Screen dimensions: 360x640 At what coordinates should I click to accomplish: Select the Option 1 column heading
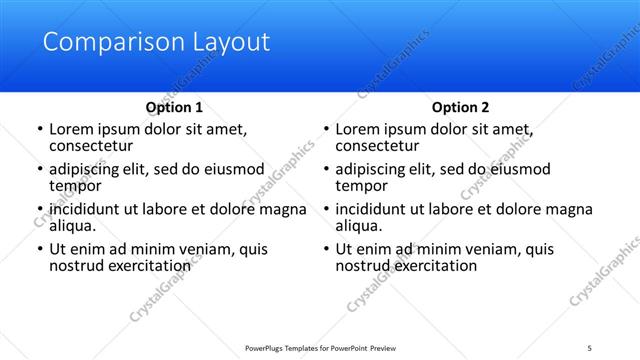pos(174,107)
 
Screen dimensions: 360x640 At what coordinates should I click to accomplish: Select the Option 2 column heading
pos(460,107)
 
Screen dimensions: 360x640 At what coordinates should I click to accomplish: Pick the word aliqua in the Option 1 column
pos(73,226)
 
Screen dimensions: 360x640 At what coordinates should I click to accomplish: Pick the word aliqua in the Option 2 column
pos(359,226)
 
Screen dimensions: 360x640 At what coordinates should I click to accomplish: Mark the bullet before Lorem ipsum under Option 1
pos(39,130)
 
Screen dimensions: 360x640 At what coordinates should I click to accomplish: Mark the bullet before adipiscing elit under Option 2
pos(325,170)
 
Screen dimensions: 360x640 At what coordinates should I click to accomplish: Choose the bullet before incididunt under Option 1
pos(39,210)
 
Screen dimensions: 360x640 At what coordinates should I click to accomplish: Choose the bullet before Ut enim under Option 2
pos(325,250)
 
